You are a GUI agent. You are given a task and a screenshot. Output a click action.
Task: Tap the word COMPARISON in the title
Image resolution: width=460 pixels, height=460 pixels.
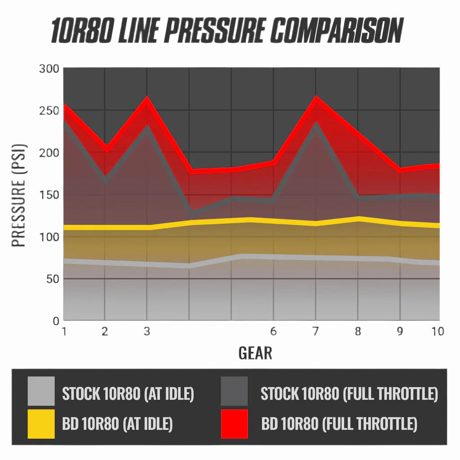point(337,31)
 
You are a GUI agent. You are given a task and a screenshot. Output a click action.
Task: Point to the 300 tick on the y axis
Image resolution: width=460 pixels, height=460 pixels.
point(49,69)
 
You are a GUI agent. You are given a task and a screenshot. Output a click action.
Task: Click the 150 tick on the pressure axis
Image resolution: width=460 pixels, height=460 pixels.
point(49,195)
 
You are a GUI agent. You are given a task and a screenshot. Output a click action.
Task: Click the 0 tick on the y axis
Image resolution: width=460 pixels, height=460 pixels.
point(56,321)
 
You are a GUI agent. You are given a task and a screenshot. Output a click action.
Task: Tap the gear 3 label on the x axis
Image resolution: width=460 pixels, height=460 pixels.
point(147,332)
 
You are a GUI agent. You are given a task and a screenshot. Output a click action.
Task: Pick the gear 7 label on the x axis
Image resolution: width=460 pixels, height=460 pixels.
point(315,332)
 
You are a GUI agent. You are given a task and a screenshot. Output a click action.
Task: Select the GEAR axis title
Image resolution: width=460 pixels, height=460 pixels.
point(255,353)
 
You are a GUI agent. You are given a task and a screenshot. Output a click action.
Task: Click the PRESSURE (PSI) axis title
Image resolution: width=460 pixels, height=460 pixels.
point(19,195)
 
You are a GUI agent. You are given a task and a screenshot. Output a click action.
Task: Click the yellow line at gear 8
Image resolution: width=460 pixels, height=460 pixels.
point(358,219)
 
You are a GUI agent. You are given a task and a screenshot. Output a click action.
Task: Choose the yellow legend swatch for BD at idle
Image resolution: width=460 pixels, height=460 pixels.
point(41,424)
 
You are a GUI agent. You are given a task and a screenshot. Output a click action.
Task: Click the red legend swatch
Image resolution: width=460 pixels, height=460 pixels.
point(234,424)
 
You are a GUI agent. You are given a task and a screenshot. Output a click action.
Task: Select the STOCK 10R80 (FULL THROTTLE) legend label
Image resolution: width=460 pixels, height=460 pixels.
point(349,394)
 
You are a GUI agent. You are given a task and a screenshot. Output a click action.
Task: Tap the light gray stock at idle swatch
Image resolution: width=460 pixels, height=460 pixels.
point(41,391)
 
